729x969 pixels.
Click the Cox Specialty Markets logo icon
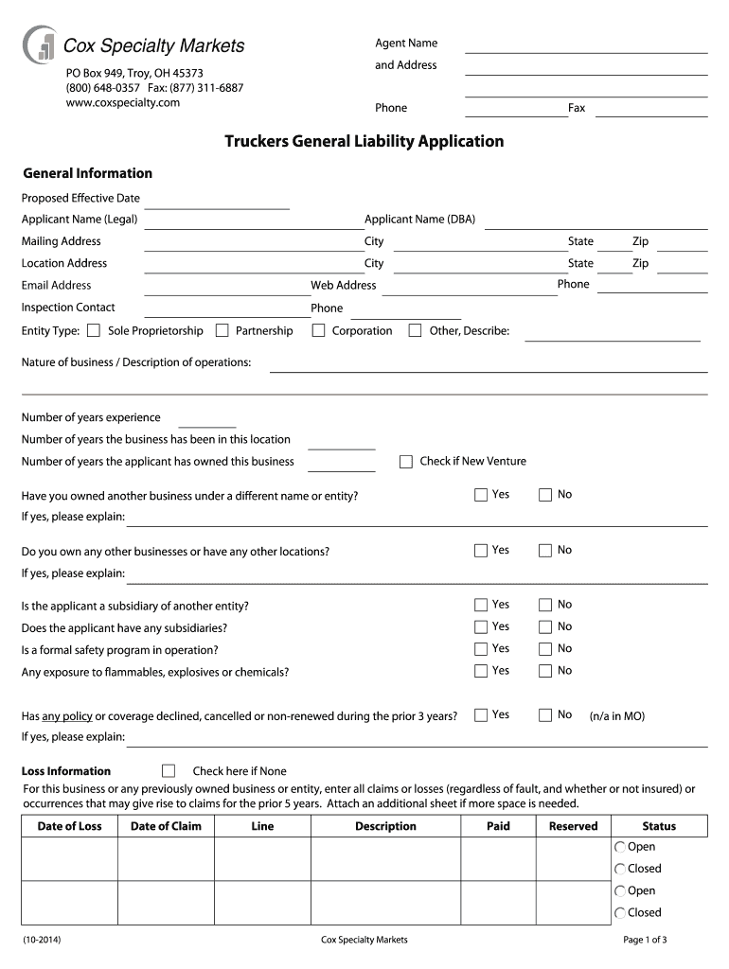click(x=40, y=44)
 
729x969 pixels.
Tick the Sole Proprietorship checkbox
click(x=93, y=330)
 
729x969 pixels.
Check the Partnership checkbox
click(x=222, y=330)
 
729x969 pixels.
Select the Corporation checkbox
click(x=318, y=330)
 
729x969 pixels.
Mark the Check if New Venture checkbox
click(x=406, y=462)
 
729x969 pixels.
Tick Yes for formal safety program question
click(x=481, y=649)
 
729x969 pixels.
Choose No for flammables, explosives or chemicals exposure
click(x=544, y=671)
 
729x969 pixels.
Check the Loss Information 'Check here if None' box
click(x=169, y=770)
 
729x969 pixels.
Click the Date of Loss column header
click(x=69, y=826)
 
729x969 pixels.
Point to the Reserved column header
click(x=573, y=826)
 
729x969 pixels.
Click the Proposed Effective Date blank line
click(x=217, y=203)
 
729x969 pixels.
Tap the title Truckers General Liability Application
click(x=364, y=142)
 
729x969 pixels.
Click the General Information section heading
click(x=87, y=173)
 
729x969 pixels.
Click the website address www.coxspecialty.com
click(x=123, y=102)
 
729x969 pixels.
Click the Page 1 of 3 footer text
click(x=645, y=940)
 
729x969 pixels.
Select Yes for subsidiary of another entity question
click(x=481, y=605)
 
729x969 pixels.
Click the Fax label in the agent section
click(x=577, y=108)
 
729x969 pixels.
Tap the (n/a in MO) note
click(x=616, y=716)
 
